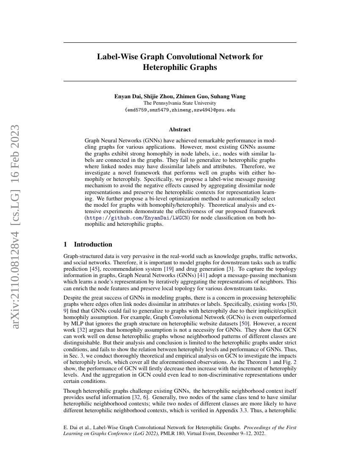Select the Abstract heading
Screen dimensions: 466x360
click(180, 129)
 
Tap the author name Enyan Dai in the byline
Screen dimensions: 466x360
click(128, 96)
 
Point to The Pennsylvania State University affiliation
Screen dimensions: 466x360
click(180, 103)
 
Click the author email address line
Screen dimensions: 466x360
click(180, 110)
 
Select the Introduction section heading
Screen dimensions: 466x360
click(93, 244)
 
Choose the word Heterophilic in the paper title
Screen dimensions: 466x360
click(180, 67)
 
